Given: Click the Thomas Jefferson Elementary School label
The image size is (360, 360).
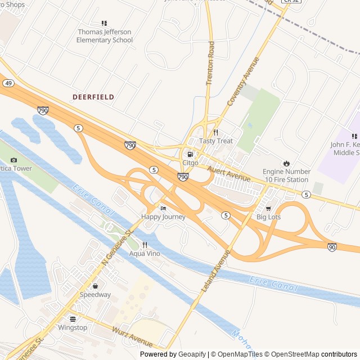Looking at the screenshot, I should click(105, 36).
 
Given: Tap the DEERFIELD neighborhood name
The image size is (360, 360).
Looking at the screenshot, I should click(93, 97).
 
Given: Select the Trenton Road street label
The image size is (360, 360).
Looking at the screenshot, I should click(210, 63).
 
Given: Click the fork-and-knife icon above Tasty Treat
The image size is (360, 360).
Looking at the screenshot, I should click(215, 132).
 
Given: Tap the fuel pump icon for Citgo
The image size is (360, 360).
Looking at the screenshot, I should click(190, 154).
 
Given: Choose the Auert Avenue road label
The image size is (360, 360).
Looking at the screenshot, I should click(228, 173).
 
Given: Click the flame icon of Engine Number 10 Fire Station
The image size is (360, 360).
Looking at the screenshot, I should click(286, 163).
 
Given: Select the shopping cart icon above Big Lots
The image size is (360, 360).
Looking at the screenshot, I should click(268, 209).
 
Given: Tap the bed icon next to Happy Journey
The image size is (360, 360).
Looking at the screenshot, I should click(163, 209).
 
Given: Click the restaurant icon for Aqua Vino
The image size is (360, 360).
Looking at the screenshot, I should click(145, 245).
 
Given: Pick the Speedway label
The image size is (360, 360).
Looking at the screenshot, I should click(95, 294).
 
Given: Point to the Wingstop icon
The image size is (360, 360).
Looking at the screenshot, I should click(73, 318).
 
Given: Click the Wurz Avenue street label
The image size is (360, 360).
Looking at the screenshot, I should click(132, 336).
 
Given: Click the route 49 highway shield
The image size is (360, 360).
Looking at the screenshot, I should click(8, 83).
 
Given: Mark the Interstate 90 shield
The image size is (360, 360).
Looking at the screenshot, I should click(332, 246).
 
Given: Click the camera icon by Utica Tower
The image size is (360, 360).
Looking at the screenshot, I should click(14, 160).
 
